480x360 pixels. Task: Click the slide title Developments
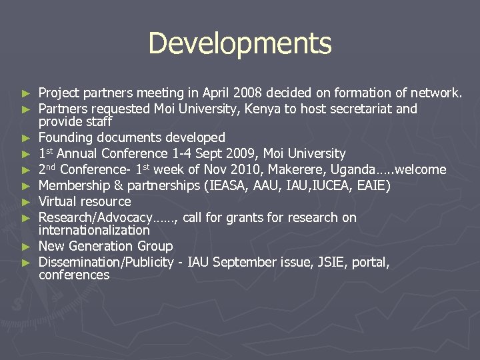pyautogui.click(x=240, y=43)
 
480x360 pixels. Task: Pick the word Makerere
pyautogui.click(x=298, y=170)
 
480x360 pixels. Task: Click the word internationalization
pyautogui.click(x=94, y=230)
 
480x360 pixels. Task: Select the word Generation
pyautogui.click(x=102, y=247)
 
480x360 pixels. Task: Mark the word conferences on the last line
pyautogui.click(x=74, y=275)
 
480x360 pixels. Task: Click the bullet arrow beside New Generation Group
pyautogui.click(x=26, y=247)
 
